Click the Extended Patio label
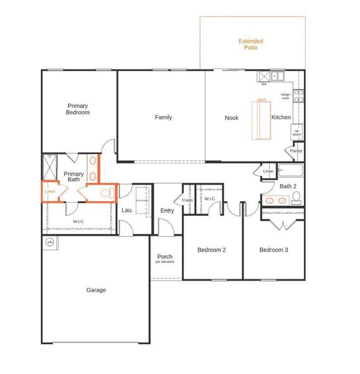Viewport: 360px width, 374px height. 251,44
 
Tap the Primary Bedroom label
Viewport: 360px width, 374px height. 78,109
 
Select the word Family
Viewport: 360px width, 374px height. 164,117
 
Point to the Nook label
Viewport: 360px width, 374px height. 232,117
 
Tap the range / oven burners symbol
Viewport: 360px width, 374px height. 298,96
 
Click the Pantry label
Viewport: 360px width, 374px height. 296,150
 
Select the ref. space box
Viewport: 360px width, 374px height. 297,132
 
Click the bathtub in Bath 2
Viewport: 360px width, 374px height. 290,170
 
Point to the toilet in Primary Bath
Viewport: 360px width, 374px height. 106,194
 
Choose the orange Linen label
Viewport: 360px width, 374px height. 50,191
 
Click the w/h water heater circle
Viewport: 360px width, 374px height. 50,242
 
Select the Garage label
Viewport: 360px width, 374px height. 96,290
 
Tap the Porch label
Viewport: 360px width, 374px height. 165,257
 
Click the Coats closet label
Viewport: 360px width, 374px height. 187,199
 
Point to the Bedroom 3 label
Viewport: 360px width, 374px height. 273,250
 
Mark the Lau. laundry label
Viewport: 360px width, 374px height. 126,210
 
